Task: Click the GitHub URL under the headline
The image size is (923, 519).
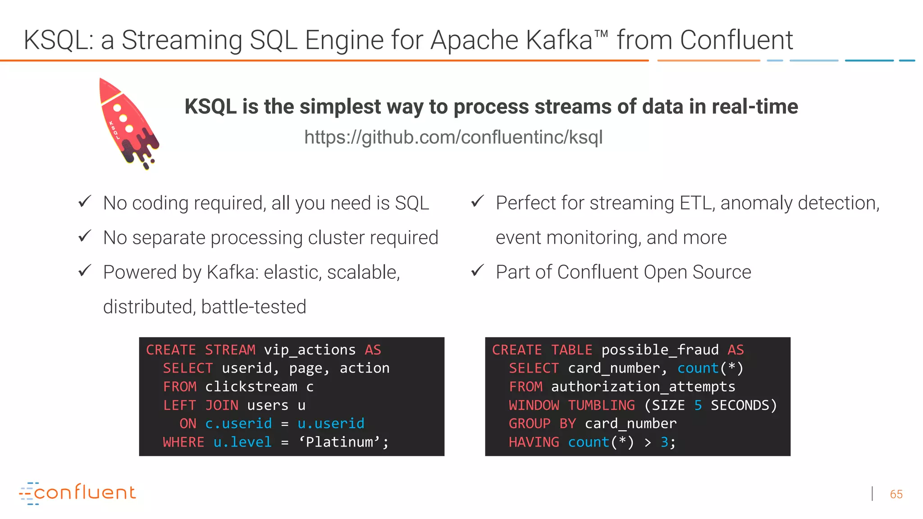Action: [x=453, y=137]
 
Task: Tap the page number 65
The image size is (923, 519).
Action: [x=896, y=494]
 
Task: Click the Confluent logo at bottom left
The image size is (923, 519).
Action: [x=78, y=493]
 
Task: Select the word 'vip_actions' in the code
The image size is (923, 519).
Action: [x=310, y=350]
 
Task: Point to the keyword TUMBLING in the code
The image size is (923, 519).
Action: [x=601, y=405]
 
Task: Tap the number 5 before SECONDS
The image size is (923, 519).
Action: [x=698, y=405]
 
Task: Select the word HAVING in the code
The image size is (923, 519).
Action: [x=534, y=442]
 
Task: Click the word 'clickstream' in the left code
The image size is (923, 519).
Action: [x=251, y=387]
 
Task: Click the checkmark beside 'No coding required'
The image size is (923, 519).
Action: [x=85, y=201]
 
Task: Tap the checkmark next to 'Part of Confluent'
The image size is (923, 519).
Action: [x=477, y=271]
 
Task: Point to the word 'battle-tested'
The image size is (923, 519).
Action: [x=254, y=307]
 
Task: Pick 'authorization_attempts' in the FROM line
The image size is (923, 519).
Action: [x=643, y=387]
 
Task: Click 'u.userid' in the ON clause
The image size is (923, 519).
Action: [x=331, y=424]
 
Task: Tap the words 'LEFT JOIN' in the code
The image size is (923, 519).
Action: [x=201, y=405]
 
